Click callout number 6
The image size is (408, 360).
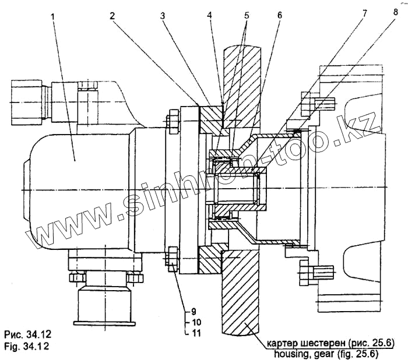tap(280, 16)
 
